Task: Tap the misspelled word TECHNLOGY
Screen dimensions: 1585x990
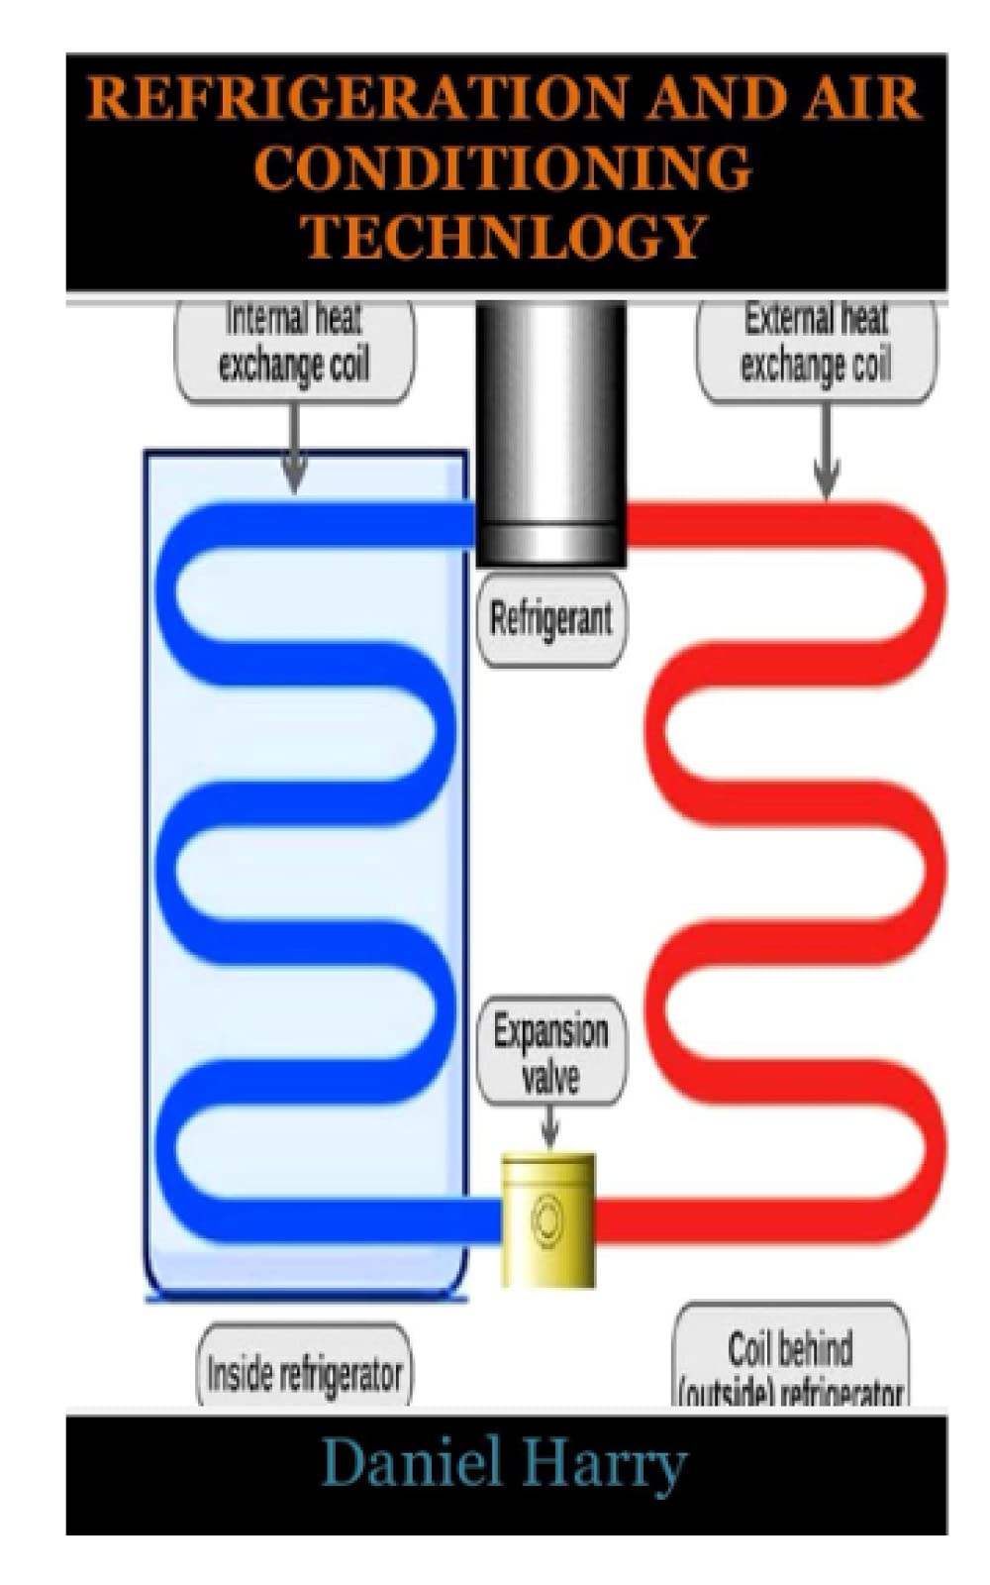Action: pos(503,238)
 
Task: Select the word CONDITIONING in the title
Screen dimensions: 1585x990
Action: pos(503,168)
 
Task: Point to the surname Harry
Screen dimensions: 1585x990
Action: pos(605,1463)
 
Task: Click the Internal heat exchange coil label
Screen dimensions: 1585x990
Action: pos(294,345)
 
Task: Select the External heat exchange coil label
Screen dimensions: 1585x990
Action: pos(816,345)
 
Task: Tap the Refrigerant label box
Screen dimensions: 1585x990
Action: pos(551,619)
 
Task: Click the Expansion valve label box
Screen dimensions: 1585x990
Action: pos(550,1051)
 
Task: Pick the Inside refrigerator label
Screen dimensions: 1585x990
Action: pos(304,1372)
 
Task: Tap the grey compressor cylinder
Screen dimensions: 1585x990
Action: pos(550,436)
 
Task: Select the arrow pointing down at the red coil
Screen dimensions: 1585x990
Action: pos(827,456)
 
